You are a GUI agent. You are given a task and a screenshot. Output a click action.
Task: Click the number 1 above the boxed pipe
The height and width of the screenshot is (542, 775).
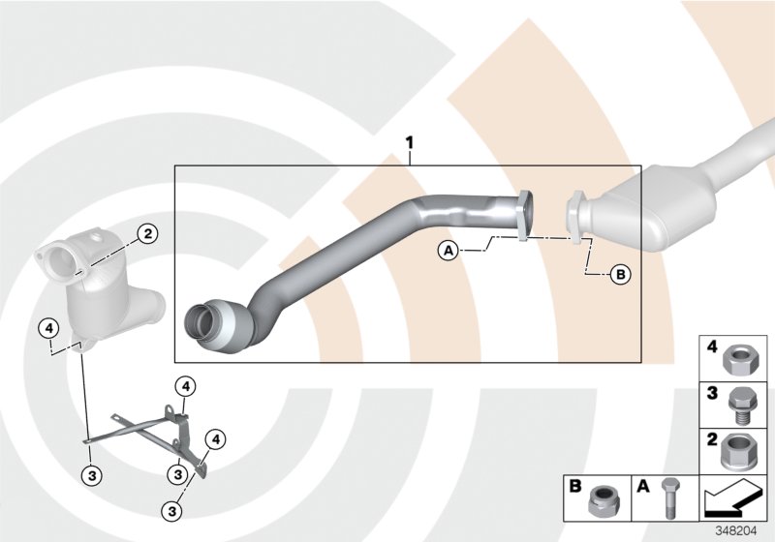(x=410, y=143)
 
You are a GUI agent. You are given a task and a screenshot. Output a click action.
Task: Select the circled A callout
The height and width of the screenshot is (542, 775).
(x=448, y=251)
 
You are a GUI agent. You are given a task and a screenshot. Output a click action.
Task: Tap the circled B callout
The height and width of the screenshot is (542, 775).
(x=621, y=275)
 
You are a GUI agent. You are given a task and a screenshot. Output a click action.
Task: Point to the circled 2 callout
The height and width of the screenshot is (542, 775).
(x=147, y=233)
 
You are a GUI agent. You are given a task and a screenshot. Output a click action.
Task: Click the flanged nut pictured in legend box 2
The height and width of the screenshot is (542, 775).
(x=741, y=448)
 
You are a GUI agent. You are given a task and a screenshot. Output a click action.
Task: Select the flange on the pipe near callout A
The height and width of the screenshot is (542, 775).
(x=524, y=213)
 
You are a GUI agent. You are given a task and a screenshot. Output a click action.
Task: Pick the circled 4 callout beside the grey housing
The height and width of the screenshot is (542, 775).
(x=46, y=328)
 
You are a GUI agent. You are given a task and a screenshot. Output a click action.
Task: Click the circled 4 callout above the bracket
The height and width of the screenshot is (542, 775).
(x=186, y=387)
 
